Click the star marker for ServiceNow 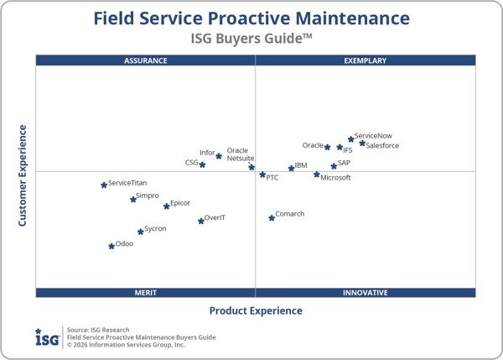[351, 139]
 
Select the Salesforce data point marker [362, 143]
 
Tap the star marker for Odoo [111, 246]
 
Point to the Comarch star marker [272, 217]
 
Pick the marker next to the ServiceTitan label [104, 185]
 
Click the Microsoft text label [335, 178]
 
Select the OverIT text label [215, 218]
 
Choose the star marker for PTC [262, 175]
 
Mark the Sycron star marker [141, 231]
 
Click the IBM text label [301, 166]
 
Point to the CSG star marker [202, 164]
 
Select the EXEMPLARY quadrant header [365, 60]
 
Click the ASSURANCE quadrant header [146, 60]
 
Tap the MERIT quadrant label [146, 293]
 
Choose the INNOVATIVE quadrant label [365, 293]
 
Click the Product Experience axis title [256, 310]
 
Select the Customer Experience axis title [23, 175]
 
